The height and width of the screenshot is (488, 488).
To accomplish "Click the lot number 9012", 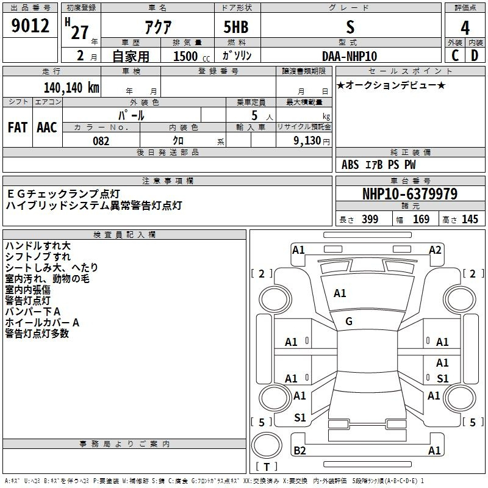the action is coord(30,26).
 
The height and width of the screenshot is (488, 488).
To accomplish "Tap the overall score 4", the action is coord(465,28).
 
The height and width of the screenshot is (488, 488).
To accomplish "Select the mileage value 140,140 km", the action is coord(71,88).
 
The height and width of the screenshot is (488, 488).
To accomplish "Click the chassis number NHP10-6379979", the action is coord(410,194).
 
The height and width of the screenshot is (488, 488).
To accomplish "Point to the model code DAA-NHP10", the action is coord(350,56).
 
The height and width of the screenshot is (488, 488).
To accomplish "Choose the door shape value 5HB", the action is coord(236,27).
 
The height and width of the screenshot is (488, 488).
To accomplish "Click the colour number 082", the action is coord(101,141).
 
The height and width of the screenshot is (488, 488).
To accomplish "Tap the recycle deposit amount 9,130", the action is coord(307,141).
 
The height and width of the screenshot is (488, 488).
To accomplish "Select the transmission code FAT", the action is coord(18,127).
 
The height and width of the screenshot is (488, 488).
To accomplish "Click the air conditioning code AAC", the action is coord(47,127).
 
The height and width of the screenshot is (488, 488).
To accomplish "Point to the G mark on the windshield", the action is coord(349,321).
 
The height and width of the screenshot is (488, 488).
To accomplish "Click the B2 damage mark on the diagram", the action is coord(300,450).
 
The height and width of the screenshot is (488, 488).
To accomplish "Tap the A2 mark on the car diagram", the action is coord(435,250).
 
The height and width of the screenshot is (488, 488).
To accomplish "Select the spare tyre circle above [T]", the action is coord(267,445).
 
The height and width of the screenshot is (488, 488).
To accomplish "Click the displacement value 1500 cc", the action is coord(192,56).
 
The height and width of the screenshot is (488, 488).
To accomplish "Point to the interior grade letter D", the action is coord(475,56).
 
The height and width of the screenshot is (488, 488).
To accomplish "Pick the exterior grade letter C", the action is coord(455,56).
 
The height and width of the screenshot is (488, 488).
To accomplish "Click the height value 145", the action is coord(470,219).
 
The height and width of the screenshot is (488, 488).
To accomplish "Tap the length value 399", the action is coord(370,219).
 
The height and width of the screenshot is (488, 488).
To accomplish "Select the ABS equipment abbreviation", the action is coord(350,165).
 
